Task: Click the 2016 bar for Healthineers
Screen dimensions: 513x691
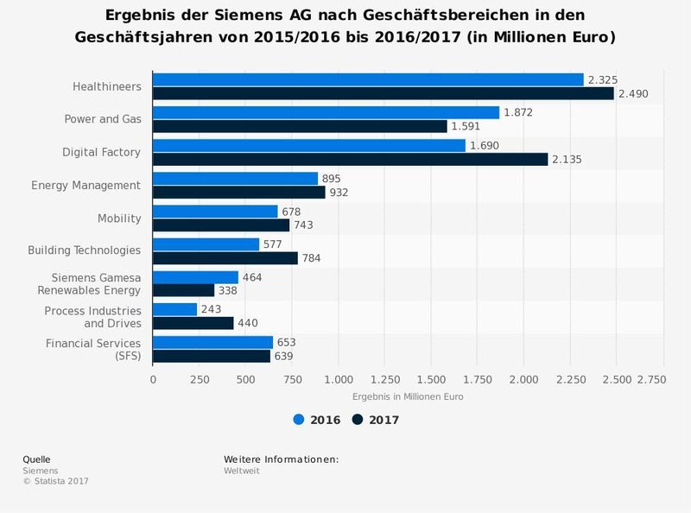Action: click(x=368, y=79)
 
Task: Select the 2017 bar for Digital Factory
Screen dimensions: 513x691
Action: click(x=350, y=159)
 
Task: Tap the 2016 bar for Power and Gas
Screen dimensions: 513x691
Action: click(x=326, y=112)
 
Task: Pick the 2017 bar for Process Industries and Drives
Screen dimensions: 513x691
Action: click(x=193, y=323)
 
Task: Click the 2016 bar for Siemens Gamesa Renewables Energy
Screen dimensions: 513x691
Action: click(x=195, y=277)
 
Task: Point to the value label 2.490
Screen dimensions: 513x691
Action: click(x=632, y=93)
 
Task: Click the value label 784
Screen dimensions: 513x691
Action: click(x=311, y=258)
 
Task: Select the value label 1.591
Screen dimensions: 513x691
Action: click(x=466, y=126)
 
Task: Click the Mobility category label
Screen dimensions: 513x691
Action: click(x=118, y=218)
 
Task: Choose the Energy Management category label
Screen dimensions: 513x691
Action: click(x=86, y=186)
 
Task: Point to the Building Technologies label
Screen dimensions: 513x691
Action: click(x=84, y=250)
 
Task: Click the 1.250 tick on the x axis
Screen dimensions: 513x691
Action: click(x=384, y=379)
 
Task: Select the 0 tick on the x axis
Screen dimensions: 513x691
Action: click(x=153, y=379)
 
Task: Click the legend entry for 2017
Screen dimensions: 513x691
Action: click(x=376, y=421)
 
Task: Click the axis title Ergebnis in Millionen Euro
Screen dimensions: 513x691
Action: click(x=408, y=397)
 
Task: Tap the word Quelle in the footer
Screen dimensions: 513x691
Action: click(x=36, y=459)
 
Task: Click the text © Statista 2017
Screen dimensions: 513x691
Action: click(x=55, y=481)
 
